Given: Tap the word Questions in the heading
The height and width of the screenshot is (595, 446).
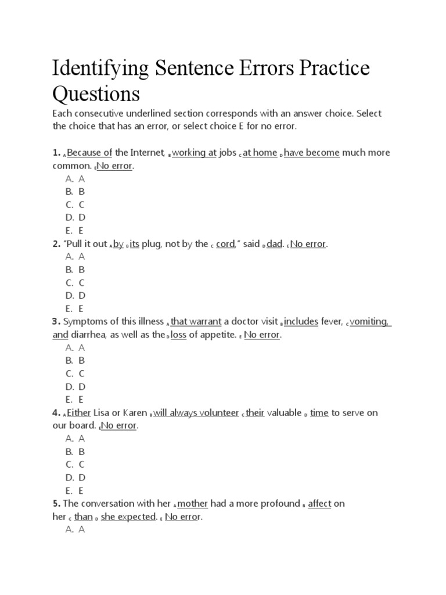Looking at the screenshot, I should (96, 94).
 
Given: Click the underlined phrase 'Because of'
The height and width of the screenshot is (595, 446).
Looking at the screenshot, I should (89, 153).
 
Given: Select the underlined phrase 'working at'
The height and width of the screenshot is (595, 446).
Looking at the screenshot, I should (194, 153).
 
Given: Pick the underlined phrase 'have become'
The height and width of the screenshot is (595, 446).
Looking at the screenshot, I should (312, 153).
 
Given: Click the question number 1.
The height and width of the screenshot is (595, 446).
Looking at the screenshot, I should (56, 153).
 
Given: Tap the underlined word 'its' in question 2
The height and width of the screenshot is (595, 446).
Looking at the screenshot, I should (134, 244).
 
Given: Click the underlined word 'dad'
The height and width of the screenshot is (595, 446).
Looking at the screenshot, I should (274, 244).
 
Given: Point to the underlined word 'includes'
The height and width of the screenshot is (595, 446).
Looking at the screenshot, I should (301, 321).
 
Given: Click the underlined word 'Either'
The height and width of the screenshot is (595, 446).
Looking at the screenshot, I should (79, 413).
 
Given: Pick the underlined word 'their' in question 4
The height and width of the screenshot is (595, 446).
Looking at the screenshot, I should (255, 413).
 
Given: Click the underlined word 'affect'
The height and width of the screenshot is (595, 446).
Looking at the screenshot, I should (319, 504).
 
